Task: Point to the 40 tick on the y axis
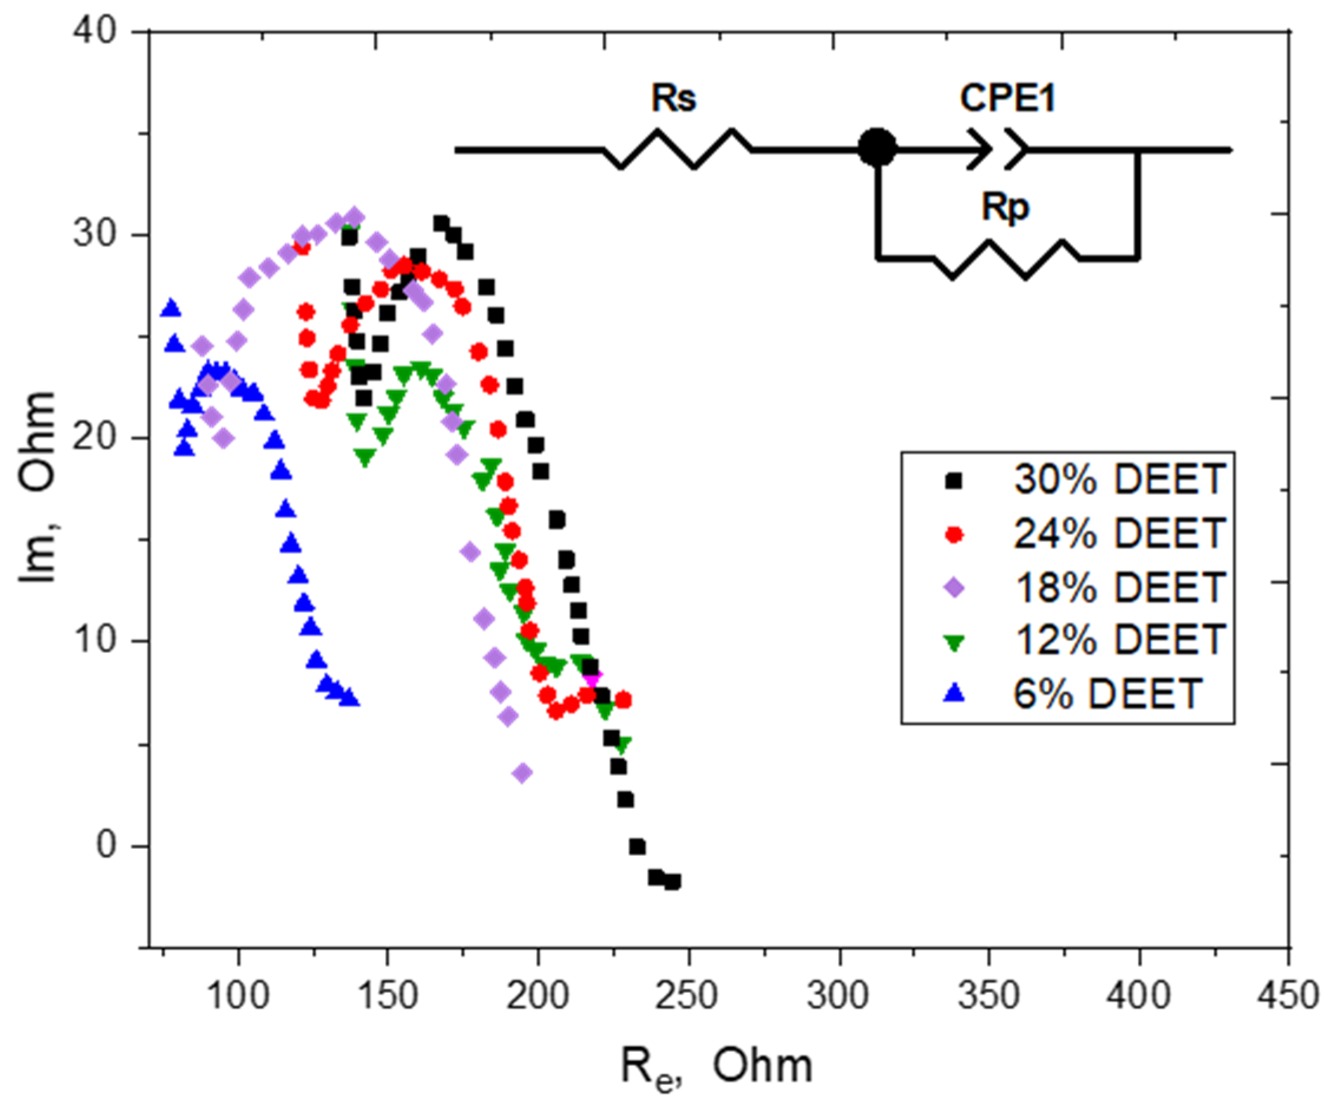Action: click(x=96, y=31)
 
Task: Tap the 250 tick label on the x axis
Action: click(x=689, y=996)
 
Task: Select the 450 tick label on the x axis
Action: click(x=1290, y=996)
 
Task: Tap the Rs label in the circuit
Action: click(x=673, y=99)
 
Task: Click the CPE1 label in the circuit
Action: click(x=1007, y=99)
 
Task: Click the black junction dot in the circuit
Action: click(x=878, y=149)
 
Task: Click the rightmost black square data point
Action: click(x=673, y=882)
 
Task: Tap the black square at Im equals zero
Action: click(x=637, y=847)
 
